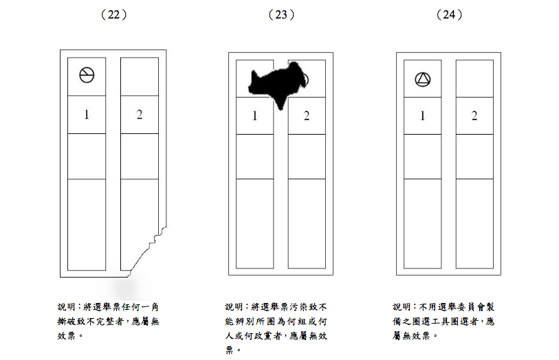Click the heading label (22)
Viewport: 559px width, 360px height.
click(113, 14)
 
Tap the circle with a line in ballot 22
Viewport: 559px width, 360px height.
click(87, 75)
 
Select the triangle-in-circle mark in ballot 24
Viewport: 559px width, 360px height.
click(422, 80)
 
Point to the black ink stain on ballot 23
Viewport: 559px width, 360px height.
click(275, 82)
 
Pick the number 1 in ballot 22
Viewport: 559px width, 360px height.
click(87, 115)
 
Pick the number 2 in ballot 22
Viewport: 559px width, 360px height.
click(139, 115)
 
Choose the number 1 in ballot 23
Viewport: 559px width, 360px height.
click(254, 116)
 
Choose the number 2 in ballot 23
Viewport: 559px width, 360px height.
click(307, 116)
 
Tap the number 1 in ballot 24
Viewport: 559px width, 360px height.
click(422, 116)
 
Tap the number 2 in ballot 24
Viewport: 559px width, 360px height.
click(474, 116)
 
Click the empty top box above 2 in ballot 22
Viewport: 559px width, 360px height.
click(139, 76)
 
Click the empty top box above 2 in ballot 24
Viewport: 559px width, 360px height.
click(474, 78)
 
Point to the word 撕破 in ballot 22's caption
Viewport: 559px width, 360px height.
click(66, 321)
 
